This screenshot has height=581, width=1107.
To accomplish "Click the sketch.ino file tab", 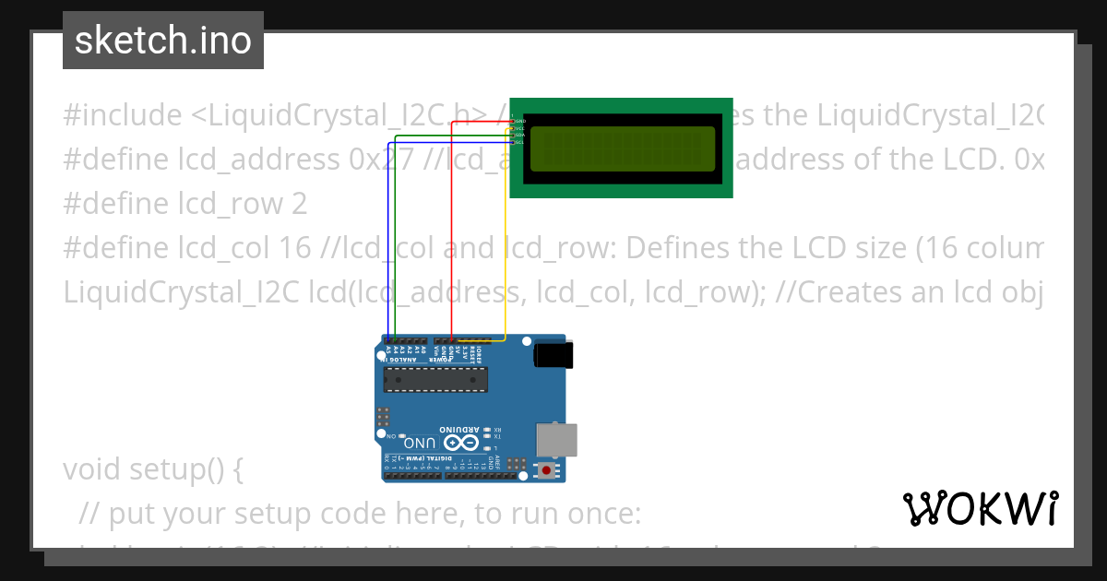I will click(x=163, y=41).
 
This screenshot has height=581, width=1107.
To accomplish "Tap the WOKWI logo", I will click(x=981, y=508).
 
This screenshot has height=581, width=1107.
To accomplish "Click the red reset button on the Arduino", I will click(x=547, y=471).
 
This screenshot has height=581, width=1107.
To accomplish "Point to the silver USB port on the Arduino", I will click(x=558, y=440).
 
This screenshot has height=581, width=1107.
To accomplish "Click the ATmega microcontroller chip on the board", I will click(x=435, y=377).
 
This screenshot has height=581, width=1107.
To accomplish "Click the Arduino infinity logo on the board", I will click(x=462, y=444).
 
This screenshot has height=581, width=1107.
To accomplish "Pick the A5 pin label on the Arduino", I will click(x=387, y=350).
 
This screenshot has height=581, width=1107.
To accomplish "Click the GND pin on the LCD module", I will click(x=518, y=121).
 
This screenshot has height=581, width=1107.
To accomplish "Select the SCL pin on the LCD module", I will click(x=518, y=143).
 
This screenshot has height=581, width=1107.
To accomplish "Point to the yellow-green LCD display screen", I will click(x=623, y=148).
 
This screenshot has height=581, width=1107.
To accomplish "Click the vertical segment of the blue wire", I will click(x=387, y=240).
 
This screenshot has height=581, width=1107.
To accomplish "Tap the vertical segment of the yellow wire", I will click(x=506, y=240).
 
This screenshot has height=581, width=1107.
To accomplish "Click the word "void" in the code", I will click(x=92, y=469).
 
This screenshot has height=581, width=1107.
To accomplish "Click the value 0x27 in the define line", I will click(x=379, y=160).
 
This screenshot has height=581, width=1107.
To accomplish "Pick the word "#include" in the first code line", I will click(x=123, y=115).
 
